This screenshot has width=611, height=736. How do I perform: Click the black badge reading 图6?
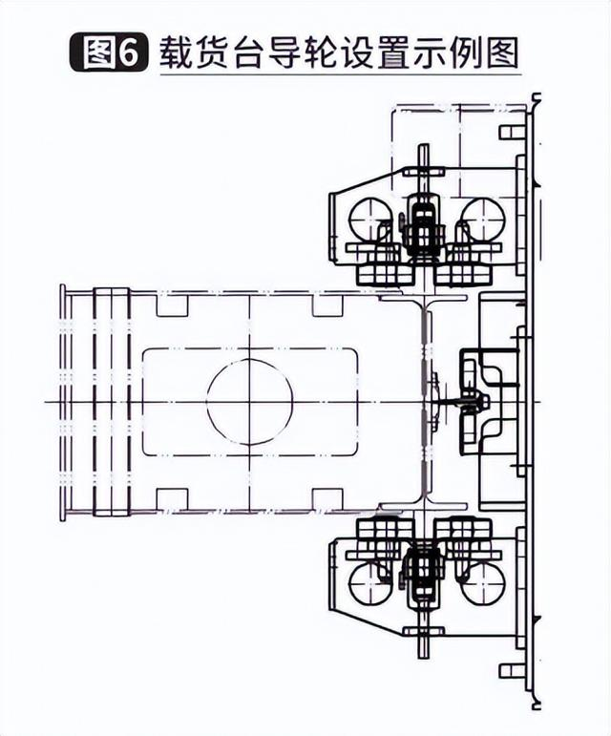[109, 53]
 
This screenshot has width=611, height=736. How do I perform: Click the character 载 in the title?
[177, 53]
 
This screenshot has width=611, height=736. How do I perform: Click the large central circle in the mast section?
[250, 402]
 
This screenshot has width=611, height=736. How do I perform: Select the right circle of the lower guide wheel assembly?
[482, 582]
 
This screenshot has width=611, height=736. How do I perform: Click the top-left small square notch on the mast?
[172, 305]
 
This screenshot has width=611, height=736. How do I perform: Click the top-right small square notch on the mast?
[327, 305]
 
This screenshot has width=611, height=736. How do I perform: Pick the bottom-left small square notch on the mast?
[172, 499]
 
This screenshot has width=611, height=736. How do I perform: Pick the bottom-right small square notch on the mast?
[327, 499]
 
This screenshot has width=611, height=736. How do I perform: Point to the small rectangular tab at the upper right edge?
[512, 132]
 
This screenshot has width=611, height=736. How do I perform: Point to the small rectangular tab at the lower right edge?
[512, 671]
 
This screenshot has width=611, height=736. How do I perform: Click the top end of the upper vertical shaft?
[424, 145]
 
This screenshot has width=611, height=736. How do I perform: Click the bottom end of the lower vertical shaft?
[424, 657]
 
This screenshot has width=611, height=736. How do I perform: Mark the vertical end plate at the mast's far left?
[62, 402]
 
